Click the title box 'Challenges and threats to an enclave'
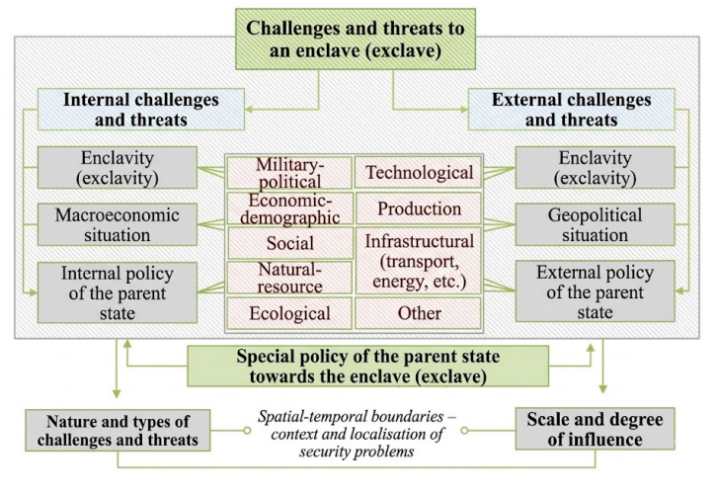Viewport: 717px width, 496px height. [356, 40]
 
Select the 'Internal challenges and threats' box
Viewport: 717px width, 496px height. [141, 110]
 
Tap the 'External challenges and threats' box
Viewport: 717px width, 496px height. [571, 110]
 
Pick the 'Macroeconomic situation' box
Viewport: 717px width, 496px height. [118, 224]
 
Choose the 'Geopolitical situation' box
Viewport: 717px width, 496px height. [595, 224]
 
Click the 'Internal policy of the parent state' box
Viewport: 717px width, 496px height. [118, 292]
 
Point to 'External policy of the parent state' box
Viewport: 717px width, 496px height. [595, 291]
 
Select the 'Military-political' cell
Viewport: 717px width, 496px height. [289, 173]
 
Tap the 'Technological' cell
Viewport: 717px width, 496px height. [419, 173]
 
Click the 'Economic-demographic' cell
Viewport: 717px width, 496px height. [289, 208]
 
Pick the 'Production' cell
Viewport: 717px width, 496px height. [419, 208]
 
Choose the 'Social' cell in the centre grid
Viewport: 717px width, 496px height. [290, 243]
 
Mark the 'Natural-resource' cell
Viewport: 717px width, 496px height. [289, 278]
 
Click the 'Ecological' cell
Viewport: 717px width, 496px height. [289, 313]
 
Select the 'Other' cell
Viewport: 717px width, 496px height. [419, 313]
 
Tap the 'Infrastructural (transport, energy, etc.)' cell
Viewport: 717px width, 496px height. [419, 261]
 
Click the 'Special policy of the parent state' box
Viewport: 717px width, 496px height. [367, 366]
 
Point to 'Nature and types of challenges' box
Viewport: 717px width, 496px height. [118, 430]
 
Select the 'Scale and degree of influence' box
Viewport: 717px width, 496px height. [595, 429]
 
